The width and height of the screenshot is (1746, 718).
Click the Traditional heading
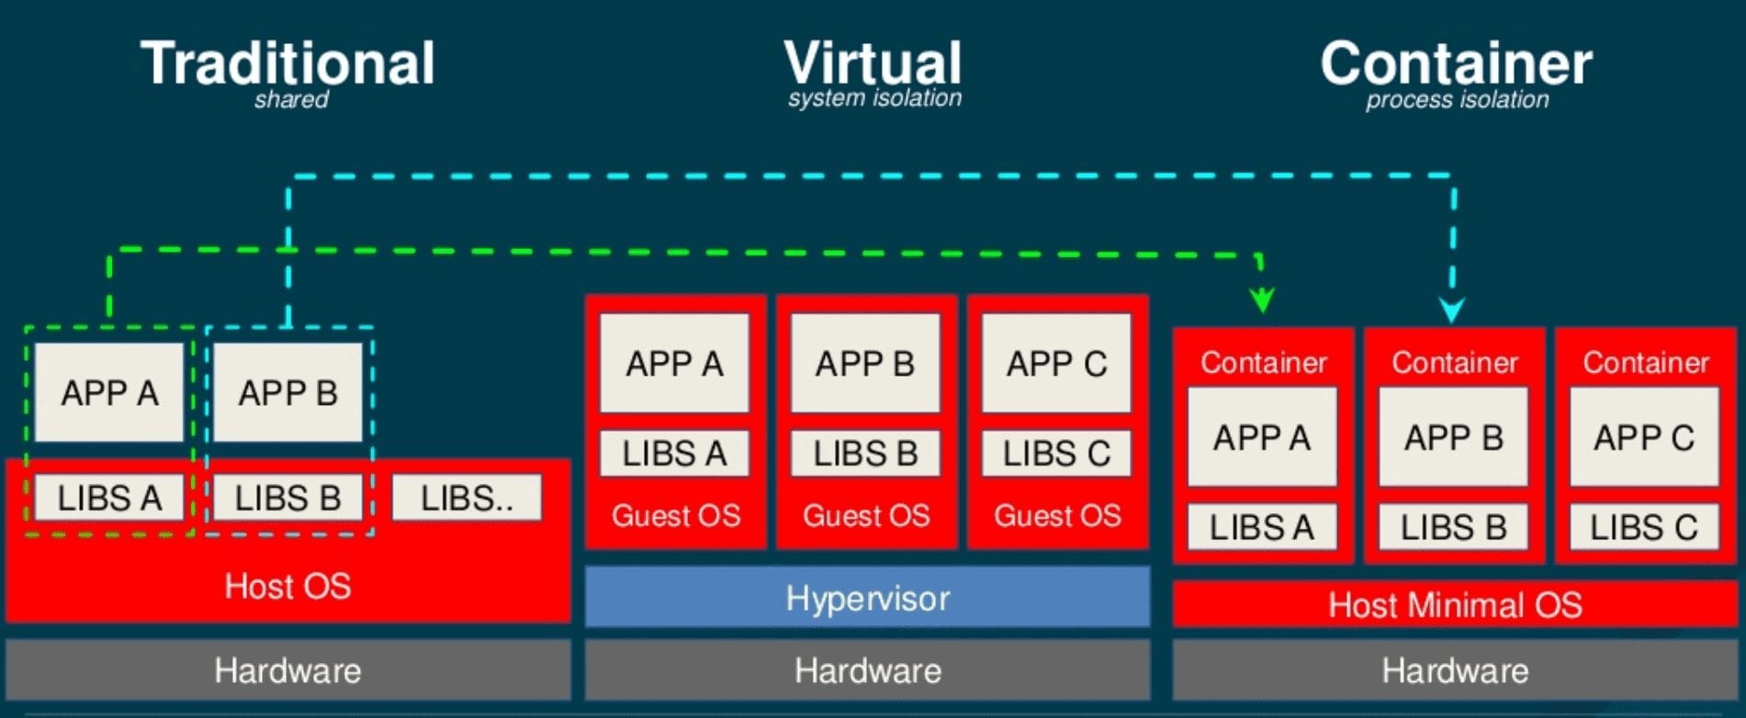(287, 63)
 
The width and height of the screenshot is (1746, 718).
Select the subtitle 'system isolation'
(874, 98)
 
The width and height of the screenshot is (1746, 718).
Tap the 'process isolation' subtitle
(1457, 100)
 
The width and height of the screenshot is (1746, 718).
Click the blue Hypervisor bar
(867, 598)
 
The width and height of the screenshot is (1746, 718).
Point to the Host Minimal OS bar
(1455, 605)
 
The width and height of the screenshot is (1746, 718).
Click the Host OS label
(287, 586)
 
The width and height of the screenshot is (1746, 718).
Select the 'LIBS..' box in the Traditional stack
(467, 499)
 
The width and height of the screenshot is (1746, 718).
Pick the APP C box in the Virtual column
(1056, 364)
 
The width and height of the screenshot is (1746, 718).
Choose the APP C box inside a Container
(1644, 437)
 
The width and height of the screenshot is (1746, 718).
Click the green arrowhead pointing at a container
(1262, 299)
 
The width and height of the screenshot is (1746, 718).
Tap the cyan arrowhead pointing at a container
(1452, 309)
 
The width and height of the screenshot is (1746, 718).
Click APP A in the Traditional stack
(109, 393)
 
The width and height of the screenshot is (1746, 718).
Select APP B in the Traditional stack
(288, 393)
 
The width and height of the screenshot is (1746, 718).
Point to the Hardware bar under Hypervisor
(867, 670)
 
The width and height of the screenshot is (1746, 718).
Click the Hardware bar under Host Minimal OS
(1455, 670)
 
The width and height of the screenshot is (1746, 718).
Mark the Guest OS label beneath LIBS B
(866, 515)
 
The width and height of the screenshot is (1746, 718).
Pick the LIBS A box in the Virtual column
(674, 454)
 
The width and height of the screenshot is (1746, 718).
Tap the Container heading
(1456, 63)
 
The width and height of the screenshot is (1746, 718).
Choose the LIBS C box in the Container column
(1644, 527)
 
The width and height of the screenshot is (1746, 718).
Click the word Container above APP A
(1264, 363)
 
